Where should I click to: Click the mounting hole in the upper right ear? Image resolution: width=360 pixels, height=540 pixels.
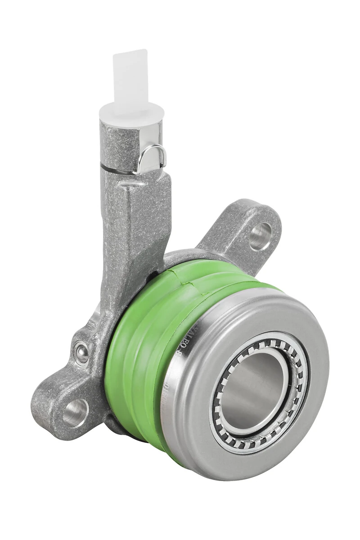[261, 236]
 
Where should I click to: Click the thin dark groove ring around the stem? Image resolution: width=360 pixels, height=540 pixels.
[117, 170]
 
